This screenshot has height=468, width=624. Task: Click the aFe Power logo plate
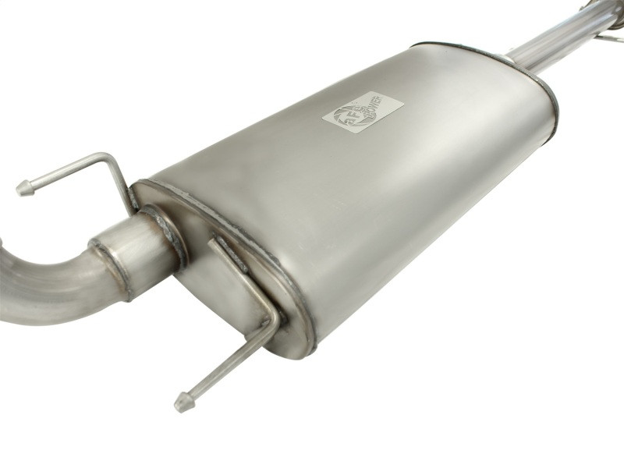[363, 112]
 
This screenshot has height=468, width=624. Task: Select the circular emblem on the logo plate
[344, 117]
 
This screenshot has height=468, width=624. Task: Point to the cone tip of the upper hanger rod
[24, 188]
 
